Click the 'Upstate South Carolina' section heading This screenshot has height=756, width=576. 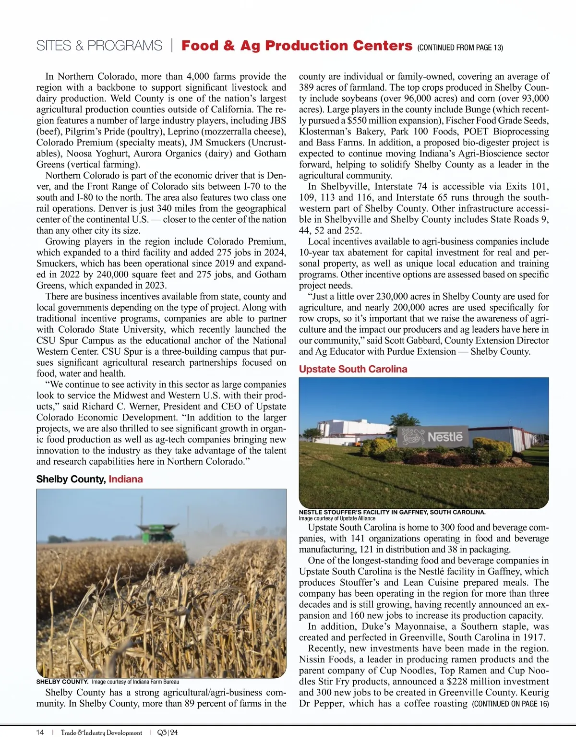tap(353, 369)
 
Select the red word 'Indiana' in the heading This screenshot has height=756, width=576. tap(126, 479)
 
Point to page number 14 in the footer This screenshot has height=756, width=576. tap(40, 732)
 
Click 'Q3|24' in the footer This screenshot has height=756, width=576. tap(168, 732)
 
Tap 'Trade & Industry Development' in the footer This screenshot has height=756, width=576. tap(101, 732)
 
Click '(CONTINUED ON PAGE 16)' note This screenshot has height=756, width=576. tap(510, 704)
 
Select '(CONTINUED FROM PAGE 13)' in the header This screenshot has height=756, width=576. tap(460, 48)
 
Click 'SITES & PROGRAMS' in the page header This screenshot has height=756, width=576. tap(99, 46)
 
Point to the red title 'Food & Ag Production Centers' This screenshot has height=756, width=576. tap(297, 46)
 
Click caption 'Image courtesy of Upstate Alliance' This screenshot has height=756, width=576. tap(337, 518)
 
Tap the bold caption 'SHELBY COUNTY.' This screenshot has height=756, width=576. tap(62, 682)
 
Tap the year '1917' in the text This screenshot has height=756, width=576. tap(534, 637)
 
